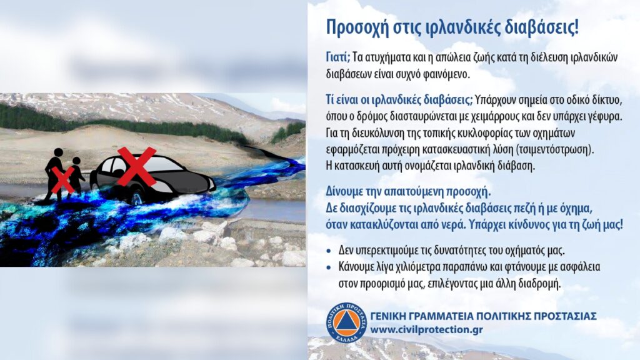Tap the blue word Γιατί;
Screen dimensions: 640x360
(338, 57)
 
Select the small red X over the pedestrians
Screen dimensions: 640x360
(63, 179)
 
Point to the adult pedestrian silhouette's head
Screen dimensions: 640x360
(58, 152)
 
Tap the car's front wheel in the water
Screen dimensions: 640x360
(136, 198)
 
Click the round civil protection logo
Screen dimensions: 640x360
(346, 322)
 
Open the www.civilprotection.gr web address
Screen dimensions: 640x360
(426, 330)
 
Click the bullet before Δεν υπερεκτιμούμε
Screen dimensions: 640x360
(329, 251)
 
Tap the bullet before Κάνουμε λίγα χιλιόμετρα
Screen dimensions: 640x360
(329, 268)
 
